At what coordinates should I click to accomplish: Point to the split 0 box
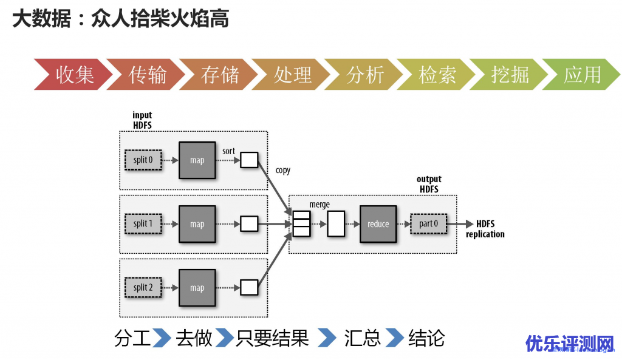[143, 160]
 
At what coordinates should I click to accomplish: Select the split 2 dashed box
[143, 288]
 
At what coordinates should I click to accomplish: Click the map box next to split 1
[197, 224]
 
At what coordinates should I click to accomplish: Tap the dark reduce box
[378, 224]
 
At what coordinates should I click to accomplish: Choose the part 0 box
[428, 224]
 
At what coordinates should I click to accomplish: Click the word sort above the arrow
[228, 151]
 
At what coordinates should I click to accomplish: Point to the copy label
[283, 171]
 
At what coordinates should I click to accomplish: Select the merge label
[320, 205]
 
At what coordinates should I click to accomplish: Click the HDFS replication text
[485, 229]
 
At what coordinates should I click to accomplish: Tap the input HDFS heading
[142, 120]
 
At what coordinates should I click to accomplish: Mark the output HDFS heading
[429, 184]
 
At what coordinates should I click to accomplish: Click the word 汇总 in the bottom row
[362, 338]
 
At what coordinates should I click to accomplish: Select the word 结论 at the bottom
[426, 338]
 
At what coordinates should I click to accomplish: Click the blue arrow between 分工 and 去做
[161, 338]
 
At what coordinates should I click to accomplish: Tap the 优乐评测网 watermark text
[570, 344]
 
